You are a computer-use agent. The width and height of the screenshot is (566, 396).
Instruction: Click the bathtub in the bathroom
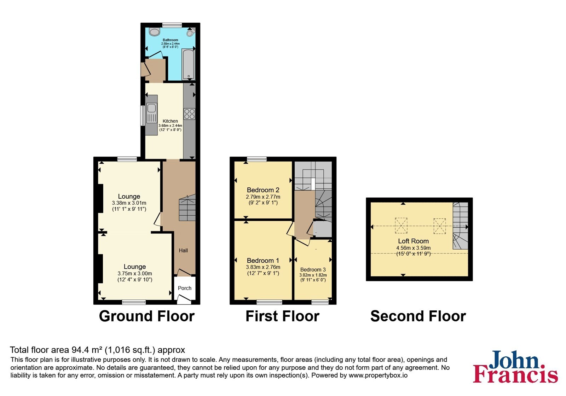188,64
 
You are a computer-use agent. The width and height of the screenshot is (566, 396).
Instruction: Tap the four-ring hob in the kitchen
190,114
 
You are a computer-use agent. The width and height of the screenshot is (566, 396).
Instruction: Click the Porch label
185,288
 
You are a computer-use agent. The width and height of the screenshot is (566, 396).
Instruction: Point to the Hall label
184,251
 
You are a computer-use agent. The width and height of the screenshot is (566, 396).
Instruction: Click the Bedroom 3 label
313,270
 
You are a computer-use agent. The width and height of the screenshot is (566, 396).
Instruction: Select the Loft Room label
414,241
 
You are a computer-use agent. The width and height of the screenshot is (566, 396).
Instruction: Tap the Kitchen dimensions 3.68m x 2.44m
170,126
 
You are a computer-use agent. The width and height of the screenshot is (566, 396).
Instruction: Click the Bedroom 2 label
263,190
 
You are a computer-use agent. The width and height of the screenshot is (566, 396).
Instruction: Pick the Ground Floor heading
147,316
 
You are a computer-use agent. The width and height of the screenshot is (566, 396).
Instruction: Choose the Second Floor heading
418,316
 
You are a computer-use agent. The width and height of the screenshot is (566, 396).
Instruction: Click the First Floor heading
283,316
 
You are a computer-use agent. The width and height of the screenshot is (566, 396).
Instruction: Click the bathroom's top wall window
172,25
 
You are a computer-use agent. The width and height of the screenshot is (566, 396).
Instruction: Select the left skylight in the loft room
401,226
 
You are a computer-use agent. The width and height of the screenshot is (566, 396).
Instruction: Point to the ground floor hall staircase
187,208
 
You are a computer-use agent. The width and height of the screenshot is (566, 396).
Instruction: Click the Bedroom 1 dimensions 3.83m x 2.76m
263,267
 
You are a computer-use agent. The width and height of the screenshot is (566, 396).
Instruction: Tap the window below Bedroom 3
320,302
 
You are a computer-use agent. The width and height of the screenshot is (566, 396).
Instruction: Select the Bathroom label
170,40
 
